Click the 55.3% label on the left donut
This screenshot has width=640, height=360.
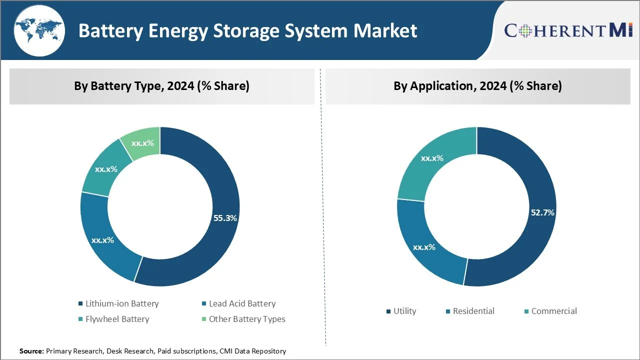click(x=225, y=218)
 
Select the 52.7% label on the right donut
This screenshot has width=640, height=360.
click(x=542, y=212)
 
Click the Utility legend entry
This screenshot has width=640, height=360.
click(x=401, y=311)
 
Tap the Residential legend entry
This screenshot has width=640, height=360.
click(x=469, y=311)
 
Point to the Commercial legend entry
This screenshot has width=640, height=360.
click(x=550, y=311)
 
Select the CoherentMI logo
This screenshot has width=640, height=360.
click(x=568, y=30)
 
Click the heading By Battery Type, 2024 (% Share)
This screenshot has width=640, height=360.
click(x=161, y=86)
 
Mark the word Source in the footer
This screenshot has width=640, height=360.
click(x=31, y=351)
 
